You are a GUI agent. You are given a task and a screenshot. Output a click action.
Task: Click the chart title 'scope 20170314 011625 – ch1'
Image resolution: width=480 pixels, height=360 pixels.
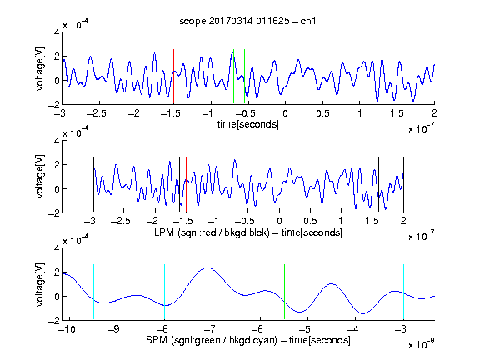click(x=247, y=21)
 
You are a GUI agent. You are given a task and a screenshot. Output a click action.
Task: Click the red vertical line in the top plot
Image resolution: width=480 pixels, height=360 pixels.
click(x=173, y=77)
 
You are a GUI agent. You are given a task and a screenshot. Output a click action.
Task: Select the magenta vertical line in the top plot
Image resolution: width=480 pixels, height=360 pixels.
click(x=397, y=77)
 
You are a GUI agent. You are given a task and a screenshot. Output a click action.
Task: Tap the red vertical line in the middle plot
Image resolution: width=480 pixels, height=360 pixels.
click(x=186, y=184)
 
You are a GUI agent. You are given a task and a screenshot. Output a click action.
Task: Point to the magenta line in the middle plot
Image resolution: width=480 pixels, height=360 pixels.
click(x=372, y=184)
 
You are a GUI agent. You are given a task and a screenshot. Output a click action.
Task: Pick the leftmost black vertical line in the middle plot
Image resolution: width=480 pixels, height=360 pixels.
click(x=93, y=184)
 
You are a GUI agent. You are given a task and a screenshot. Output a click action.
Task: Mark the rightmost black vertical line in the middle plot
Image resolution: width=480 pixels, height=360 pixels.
click(x=403, y=184)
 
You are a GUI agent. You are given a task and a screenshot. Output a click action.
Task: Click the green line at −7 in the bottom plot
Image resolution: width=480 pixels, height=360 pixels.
click(x=212, y=292)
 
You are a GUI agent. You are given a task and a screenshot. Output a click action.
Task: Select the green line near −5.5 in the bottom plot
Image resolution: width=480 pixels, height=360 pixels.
click(x=284, y=292)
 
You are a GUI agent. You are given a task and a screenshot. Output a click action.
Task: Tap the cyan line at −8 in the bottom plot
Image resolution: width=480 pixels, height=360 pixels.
click(x=164, y=292)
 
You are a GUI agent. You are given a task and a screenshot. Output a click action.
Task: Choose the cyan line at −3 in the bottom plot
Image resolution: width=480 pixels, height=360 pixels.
click(x=403, y=292)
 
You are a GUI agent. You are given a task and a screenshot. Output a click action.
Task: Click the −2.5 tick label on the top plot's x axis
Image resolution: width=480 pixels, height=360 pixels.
click(x=97, y=113)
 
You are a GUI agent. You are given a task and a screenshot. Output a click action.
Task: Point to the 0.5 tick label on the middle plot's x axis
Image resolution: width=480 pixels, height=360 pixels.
click(x=310, y=221)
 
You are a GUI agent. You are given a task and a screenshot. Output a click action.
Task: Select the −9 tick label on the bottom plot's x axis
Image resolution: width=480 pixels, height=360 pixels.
click(x=114, y=329)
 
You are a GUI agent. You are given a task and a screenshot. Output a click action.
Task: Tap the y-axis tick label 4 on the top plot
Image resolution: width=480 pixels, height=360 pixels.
click(x=57, y=32)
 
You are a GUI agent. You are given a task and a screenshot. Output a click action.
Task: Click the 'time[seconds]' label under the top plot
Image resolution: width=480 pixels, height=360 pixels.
click(x=248, y=124)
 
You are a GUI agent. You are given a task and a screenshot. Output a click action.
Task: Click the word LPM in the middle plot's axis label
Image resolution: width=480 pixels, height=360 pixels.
click(x=164, y=232)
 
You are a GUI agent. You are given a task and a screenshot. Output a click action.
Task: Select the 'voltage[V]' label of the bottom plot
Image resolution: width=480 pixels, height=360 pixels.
click(x=40, y=284)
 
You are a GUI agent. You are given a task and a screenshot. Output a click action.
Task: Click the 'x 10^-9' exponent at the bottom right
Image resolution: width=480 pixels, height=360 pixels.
click(x=421, y=344)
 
